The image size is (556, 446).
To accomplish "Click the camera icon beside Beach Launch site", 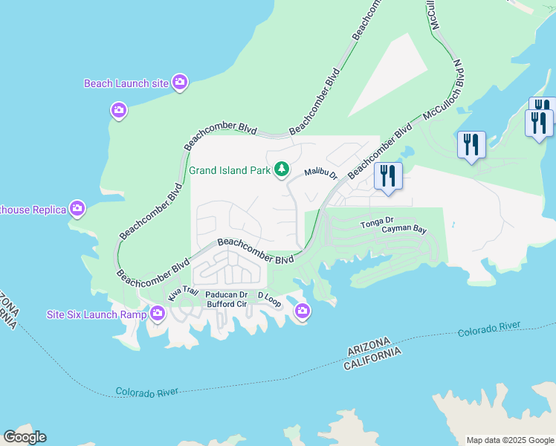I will pos(180,83).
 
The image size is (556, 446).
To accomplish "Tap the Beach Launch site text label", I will pos(126,83).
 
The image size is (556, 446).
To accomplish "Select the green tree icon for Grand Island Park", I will pos(281,170).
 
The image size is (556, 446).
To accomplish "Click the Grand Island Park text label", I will pos(229,170).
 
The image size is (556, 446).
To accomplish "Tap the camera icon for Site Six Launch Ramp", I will pos(157,314).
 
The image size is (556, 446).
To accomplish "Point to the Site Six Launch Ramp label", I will pos(97,314).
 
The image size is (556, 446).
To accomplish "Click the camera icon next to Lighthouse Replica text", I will pos(77,210).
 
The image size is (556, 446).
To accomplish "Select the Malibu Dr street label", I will pos(320,174).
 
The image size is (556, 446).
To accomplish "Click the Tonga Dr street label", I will pos(375,223).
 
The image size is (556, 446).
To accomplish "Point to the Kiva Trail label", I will pos(184,291).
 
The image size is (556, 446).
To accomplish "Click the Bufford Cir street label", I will pos(226,304).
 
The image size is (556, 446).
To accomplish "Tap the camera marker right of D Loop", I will pos(302,311).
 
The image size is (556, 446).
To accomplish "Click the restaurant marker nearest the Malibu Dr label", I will pos(387,177).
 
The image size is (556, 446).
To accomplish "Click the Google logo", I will pos(25,437).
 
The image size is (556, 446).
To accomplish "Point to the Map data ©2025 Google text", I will pos(510,440).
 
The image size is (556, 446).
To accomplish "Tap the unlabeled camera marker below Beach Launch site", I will pos(119,111).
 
